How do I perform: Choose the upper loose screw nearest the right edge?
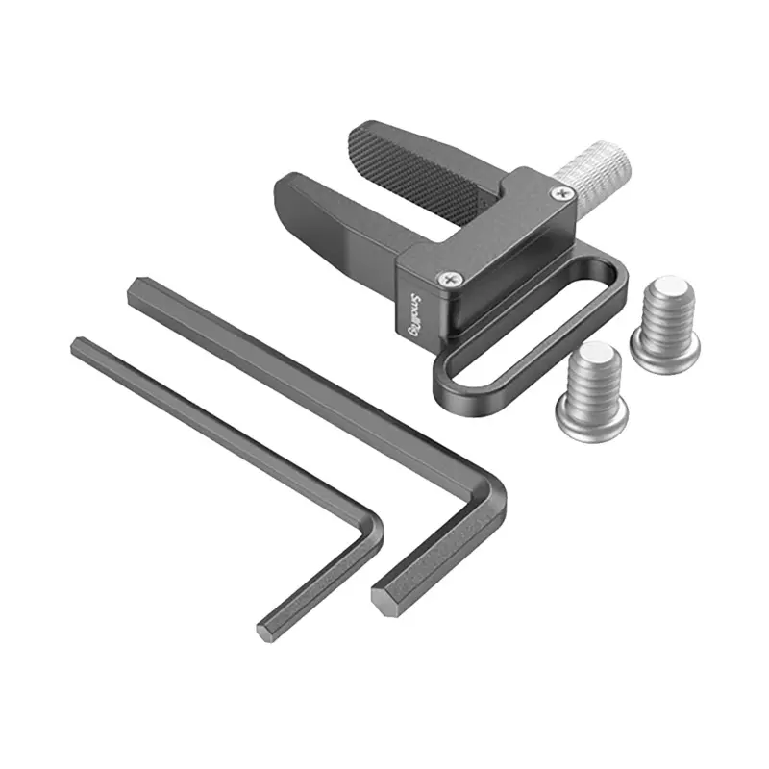click(666, 322)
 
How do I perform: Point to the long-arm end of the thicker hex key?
click(140, 291)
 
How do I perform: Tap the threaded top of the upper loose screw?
click(664, 289)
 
